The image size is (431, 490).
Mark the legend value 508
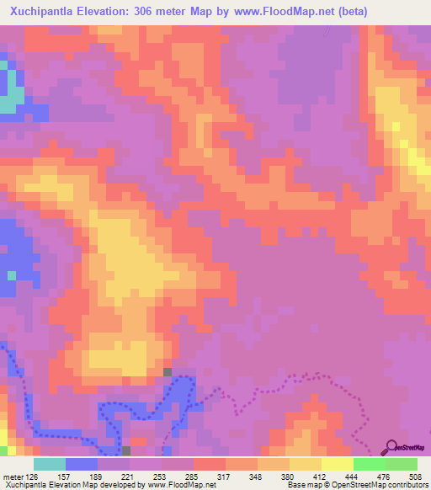[414, 476]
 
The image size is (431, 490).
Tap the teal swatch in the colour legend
[50, 464]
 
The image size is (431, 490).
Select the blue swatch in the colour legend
[82, 464]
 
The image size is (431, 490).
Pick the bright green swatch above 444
[369, 464]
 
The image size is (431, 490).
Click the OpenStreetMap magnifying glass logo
[392, 449]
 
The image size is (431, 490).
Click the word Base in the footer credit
[295, 485]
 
